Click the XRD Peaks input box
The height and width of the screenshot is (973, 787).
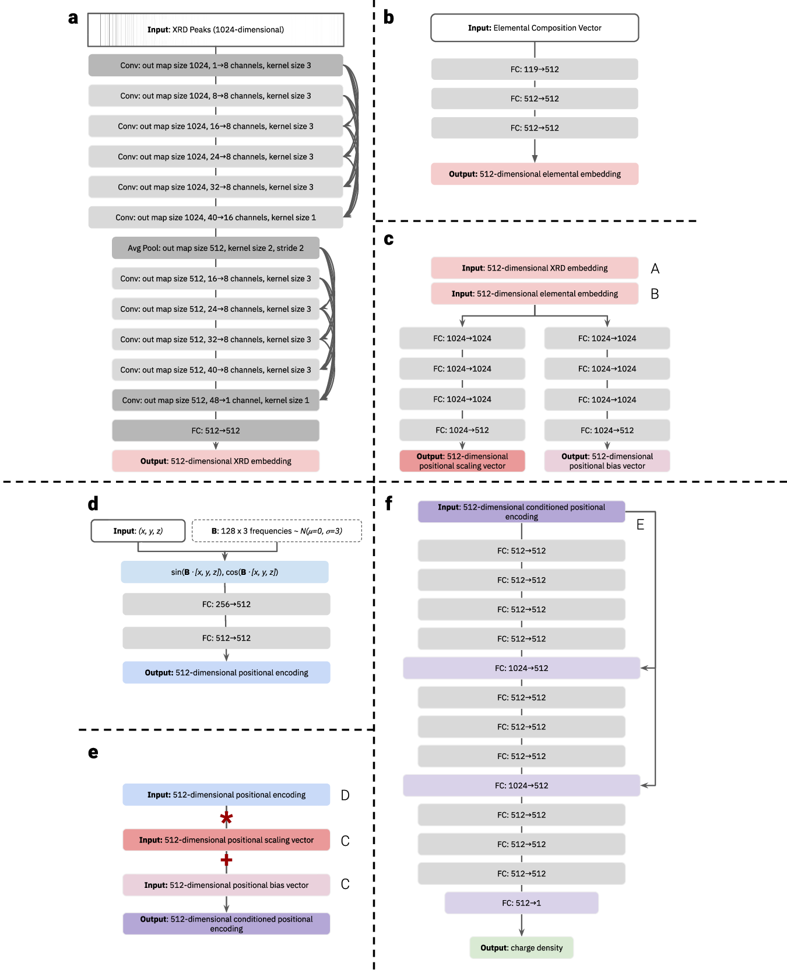click(215, 30)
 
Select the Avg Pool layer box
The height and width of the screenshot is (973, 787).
click(215, 248)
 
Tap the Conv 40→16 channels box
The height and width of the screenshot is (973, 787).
click(215, 217)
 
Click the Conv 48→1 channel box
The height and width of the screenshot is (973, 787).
click(215, 400)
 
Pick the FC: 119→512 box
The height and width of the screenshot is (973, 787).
click(534, 69)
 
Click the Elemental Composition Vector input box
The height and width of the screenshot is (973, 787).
click(534, 28)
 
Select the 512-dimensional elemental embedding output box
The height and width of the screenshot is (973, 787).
click(534, 174)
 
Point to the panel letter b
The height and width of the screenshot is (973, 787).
click(388, 17)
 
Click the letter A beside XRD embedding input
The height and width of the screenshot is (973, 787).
click(655, 269)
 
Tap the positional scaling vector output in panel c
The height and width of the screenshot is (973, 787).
click(462, 461)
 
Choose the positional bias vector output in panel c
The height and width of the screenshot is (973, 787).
click(607, 461)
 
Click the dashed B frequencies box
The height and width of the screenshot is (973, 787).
click(276, 531)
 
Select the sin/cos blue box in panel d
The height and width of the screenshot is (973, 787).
click(224, 572)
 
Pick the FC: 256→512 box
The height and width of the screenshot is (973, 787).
click(226, 604)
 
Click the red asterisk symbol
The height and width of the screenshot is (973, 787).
click(226, 818)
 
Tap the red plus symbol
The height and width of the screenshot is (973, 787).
click(226, 860)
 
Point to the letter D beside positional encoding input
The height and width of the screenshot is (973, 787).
click(345, 795)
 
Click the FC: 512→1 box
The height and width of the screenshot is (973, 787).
click(521, 902)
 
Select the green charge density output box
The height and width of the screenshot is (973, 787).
click(521, 947)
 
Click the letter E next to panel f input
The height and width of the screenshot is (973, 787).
click(640, 525)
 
